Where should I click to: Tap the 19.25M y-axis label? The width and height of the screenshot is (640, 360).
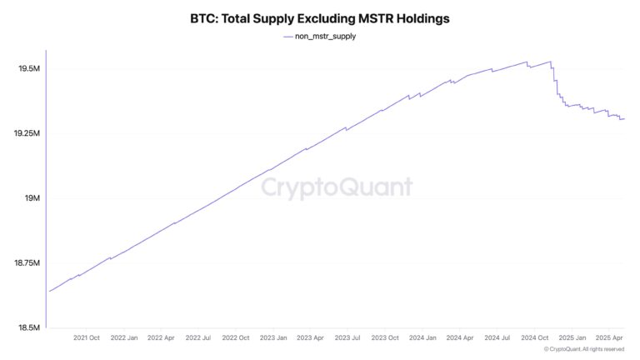tap(26, 133)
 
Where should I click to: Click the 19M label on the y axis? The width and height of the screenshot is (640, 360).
tap(32, 198)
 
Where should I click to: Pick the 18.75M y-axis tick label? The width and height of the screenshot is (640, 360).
tap(26, 263)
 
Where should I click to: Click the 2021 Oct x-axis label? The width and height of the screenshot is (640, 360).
tap(87, 338)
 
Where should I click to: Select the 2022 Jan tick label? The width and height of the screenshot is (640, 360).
tap(124, 338)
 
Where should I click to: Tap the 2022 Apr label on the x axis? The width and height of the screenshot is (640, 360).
tap(161, 338)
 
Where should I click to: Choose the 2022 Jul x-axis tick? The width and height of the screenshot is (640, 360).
tap(198, 338)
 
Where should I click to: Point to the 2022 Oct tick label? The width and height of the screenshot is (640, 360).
tap(236, 338)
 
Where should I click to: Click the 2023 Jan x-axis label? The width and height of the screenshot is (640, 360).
tap(273, 338)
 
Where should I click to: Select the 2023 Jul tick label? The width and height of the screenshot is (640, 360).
tap(347, 338)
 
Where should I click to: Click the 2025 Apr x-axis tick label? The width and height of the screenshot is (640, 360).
tap(609, 338)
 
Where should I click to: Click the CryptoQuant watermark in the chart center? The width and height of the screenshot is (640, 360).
tap(337, 187)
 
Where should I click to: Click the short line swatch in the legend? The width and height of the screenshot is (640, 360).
tap(288, 37)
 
